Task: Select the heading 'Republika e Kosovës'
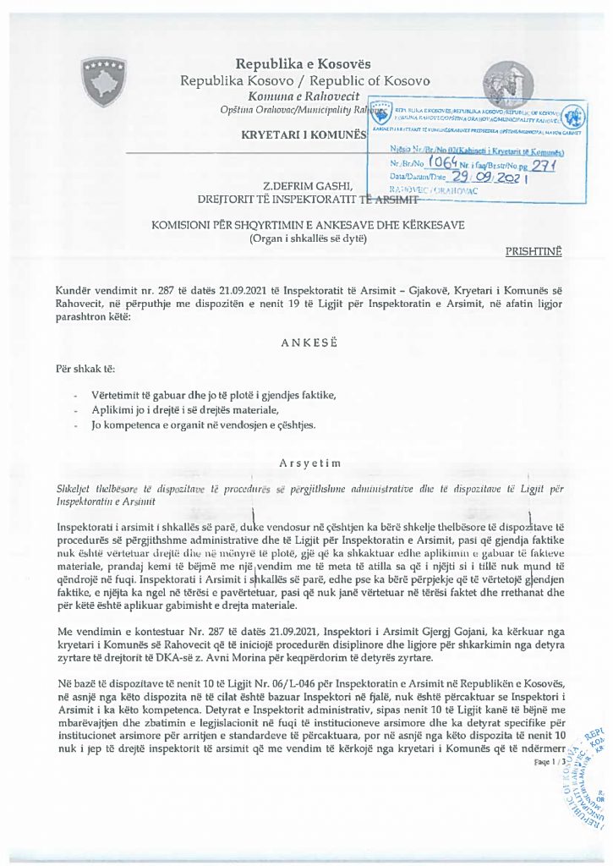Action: point(303,64)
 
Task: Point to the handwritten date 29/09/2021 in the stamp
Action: point(478,175)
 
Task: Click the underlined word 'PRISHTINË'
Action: point(533,251)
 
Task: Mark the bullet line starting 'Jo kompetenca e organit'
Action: point(203,425)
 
